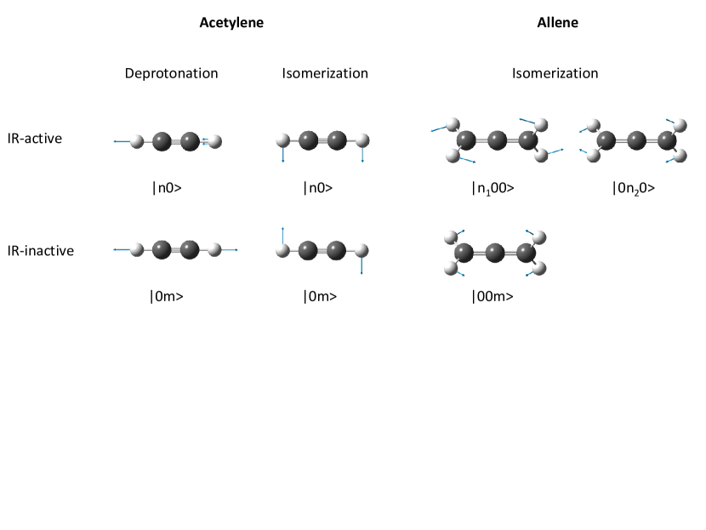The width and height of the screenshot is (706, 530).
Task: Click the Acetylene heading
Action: pos(231,23)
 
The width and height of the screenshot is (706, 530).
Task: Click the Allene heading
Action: pos(558,23)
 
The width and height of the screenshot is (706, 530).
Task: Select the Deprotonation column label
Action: pos(171,73)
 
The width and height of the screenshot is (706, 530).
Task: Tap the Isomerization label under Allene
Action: pos(555,73)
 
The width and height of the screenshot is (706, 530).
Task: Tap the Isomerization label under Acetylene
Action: pos(325,73)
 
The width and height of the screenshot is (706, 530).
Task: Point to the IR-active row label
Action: pos(35,138)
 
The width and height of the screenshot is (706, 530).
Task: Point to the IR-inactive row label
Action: pos(40,251)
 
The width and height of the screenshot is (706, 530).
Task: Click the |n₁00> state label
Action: pos(492,188)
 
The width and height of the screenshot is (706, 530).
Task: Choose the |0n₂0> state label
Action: pos(634,188)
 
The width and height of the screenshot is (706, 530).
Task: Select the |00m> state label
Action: pos(492,297)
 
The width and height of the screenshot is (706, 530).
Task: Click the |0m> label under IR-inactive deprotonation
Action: pos(167,297)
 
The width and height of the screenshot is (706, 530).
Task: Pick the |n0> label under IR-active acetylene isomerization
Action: pos(317,188)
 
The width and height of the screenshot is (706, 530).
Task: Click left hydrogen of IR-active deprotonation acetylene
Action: pos(138,141)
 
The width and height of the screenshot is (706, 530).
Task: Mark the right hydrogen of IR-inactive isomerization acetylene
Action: pos(362,250)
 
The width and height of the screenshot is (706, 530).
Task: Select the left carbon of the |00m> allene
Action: pos(464,252)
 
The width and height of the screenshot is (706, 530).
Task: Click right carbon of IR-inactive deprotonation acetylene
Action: pos(190,250)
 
